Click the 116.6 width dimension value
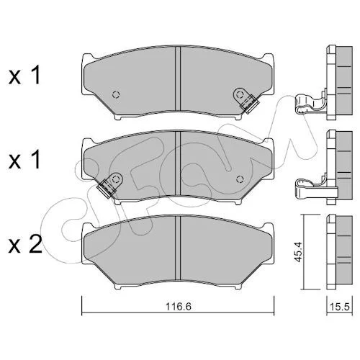click(x=179, y=307)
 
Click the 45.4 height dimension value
click(x=298, y=252)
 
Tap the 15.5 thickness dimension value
click(x=340, y=307)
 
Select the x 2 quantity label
click(x=25, y=244)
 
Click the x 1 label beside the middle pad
click(x=24, y=160)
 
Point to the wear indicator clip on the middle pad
click(x=109, y=185)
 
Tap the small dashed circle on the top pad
click(x=116, y=95)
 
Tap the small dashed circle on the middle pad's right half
click(x=240, y=179)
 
